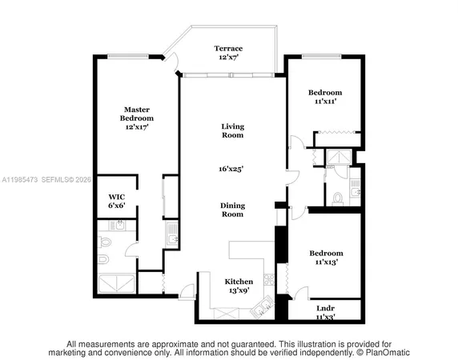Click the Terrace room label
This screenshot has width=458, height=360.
227,54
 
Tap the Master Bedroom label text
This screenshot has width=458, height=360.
137,118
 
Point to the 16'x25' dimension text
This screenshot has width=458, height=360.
233,169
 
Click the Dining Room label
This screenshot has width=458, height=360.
233,210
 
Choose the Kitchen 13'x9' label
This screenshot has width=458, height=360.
238,286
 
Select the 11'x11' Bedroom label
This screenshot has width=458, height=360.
326,97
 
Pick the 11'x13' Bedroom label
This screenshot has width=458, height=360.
326,257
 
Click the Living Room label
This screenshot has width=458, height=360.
233,130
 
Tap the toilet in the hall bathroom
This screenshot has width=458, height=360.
337,198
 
